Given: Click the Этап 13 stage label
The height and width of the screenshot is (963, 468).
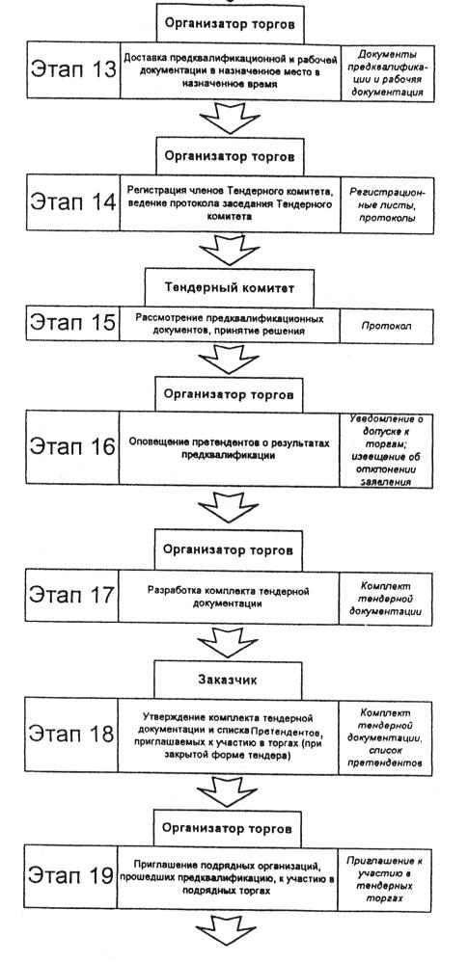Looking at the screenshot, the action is tap(72, 69).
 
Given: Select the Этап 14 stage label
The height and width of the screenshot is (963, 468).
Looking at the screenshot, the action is tap(72, 202).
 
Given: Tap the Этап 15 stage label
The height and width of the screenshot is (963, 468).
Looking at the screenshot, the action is tap(72, 322).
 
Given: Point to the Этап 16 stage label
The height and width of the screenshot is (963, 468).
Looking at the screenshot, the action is tap(72, 446).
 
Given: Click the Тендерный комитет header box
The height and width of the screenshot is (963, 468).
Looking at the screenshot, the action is tap(229, 287).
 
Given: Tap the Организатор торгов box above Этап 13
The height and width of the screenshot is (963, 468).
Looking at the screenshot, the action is tap(230, 24).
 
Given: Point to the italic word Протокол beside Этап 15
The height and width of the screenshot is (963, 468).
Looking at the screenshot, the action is tap(387, 326).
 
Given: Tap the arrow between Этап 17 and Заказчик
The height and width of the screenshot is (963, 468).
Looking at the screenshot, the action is tap(228, 642).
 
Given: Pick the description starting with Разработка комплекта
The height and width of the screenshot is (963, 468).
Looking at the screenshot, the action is tap(228, 597).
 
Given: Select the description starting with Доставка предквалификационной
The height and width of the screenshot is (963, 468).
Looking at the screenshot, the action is tap(230, 71).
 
